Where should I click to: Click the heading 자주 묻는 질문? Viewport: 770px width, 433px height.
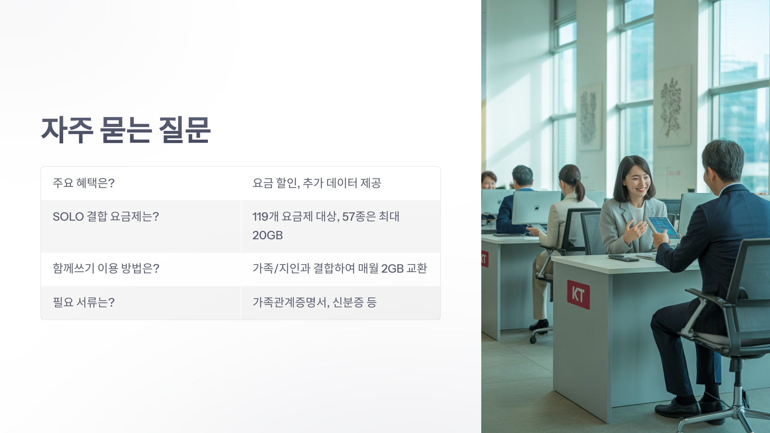coord(126,130)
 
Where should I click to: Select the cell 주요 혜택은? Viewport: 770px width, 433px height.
coord(83,183)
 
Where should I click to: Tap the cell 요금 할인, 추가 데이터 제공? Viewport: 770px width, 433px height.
coord(317,183)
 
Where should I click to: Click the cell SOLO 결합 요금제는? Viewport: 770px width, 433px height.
coord(106,217)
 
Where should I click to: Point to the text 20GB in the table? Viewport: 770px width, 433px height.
coord(268,235)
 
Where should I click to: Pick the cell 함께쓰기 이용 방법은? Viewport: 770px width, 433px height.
coord(106,268)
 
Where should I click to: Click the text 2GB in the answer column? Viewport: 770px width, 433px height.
coord(392,268)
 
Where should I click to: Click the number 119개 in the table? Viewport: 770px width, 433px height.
coord(265,217)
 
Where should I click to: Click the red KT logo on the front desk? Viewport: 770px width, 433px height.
coord(578,294)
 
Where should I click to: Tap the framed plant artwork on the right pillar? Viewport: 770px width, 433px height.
coord(672,106)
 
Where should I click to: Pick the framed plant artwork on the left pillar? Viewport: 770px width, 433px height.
coord(589,117)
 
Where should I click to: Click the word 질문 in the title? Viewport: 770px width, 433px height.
coord(185,130)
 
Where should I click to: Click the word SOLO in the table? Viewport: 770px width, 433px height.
coord(68,217)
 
